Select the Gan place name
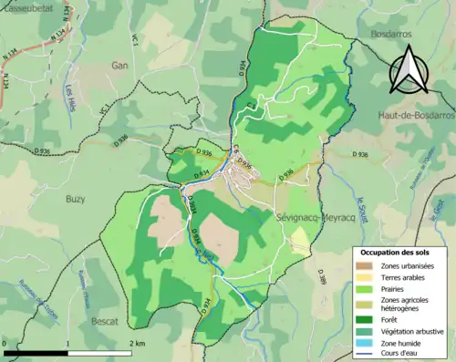point(119,66)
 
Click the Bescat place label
point(105,322)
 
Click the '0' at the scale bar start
point(5,344)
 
